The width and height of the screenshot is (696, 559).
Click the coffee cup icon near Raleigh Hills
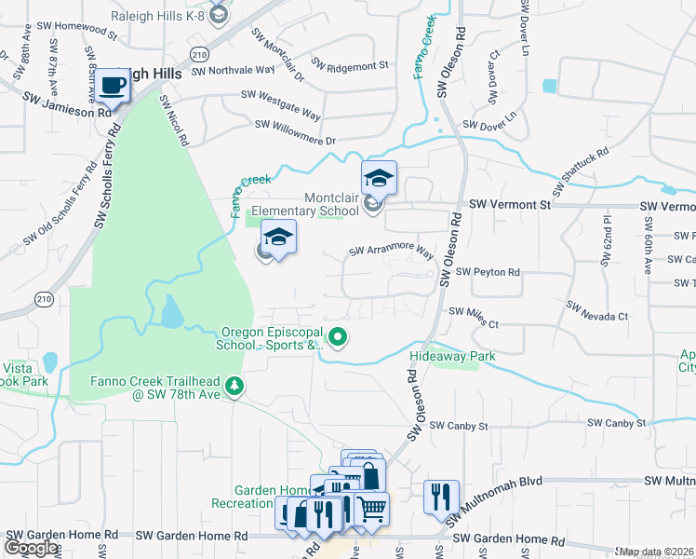coord(114,86)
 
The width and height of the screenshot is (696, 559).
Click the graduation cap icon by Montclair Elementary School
coord(380,177)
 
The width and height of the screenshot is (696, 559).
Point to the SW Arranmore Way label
coord(392,252)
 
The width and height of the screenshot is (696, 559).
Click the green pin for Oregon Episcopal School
coord(339,337)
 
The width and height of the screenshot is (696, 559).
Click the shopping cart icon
coord(371,508)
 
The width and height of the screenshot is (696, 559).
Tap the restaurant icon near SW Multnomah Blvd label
coord(439,495)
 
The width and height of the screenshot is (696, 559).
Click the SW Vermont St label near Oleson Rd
coord(510,203)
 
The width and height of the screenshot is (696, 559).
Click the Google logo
coord(32,548)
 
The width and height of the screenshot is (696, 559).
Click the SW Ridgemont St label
coord(349,65)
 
